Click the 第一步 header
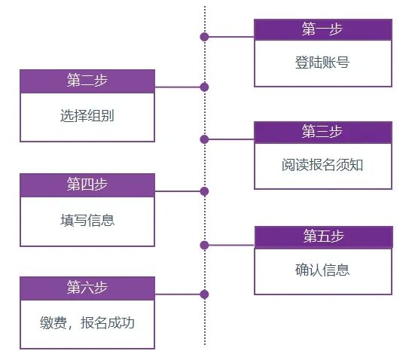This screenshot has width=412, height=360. (322, 29)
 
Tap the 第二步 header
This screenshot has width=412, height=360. (87, 81)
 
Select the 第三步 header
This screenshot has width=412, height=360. (322, 132)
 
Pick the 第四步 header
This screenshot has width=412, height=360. (87, 185)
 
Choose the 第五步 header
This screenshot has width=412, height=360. (323, 236)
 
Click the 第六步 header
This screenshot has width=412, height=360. (87, 288)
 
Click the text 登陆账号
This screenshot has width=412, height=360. (322, 63)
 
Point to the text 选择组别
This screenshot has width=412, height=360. (87, 116)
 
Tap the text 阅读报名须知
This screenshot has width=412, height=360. (322, 165)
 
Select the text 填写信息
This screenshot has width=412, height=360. (87, 220)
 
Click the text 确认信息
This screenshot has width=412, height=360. (322, 270)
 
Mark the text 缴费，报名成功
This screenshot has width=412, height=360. (87, 324)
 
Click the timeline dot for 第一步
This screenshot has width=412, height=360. (204, 36)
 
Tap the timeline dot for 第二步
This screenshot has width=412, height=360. (204, 87)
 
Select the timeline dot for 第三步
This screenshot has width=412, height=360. (204, 139)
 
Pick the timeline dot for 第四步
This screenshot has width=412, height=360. (204, 191)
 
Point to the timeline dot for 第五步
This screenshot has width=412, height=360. (204, 245)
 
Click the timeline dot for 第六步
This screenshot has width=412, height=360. (204, 294)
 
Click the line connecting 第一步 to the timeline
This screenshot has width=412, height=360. (230, 36)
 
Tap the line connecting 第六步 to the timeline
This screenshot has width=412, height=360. (179, 294)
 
